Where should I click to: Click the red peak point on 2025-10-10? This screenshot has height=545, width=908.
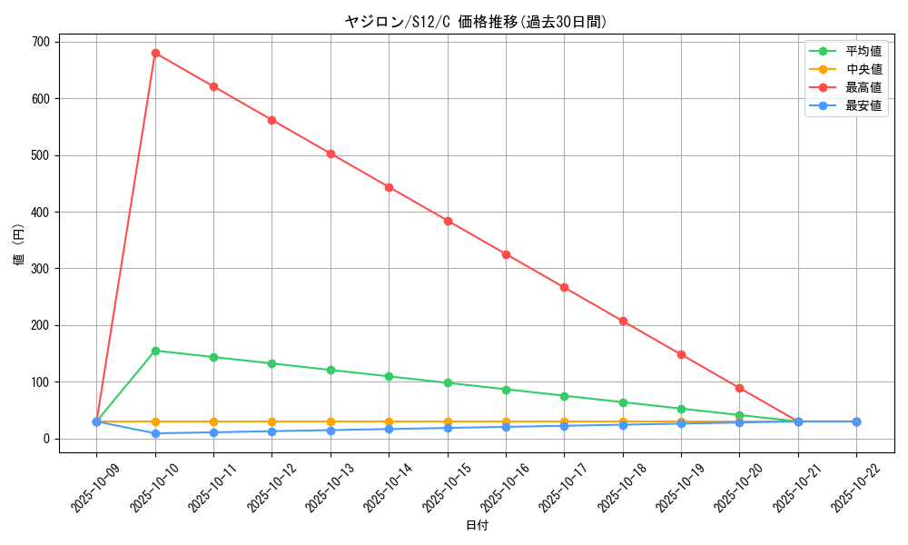tap(155, 54)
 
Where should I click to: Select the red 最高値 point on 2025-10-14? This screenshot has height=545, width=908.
tap(389, 187)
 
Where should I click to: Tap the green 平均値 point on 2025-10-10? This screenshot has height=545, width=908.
tap(155, 351)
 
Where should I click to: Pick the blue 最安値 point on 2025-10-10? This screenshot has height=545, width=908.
tap(155, 433)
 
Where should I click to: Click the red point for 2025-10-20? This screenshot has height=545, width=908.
tap(739, 388)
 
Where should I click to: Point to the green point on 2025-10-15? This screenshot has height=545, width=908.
tap(448, 382)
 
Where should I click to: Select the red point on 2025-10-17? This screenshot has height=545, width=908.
tap(564, 287)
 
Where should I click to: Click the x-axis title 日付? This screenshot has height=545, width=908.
tap(477, 526)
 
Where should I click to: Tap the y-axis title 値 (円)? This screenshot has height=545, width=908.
tap(19, 245)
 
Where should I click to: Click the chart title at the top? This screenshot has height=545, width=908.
tap(476, 22)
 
